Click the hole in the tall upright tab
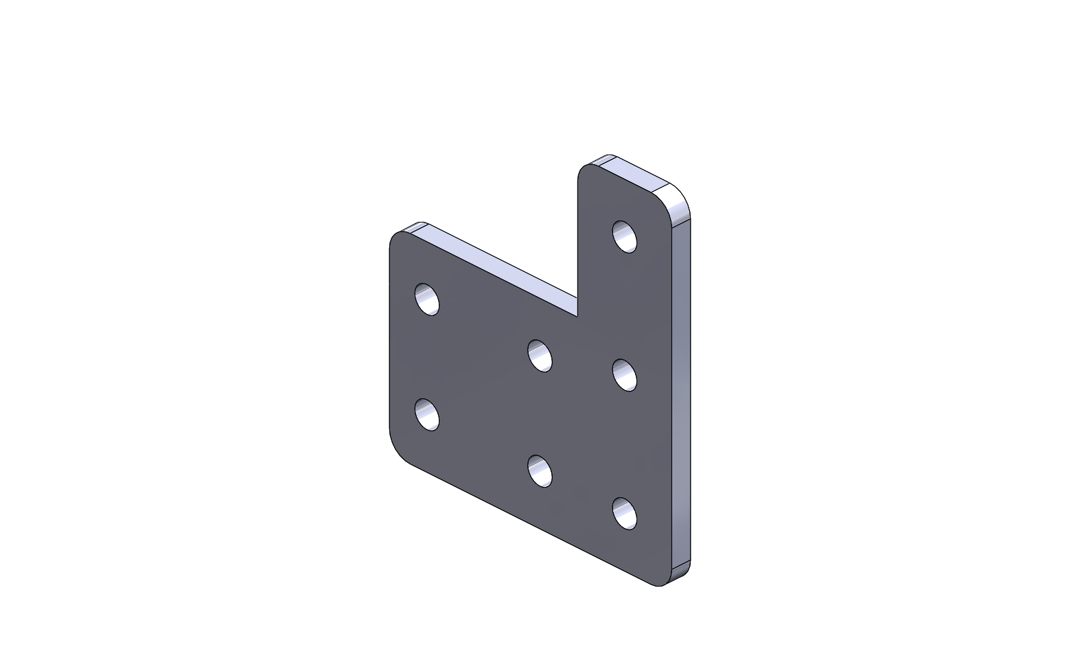click(x=624, y=236)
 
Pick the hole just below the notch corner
click(x=540, y=355)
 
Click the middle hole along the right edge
click(x=624, y=374)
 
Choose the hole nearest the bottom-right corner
click(x=624, y=513)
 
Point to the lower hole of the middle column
click(x=540, y=470)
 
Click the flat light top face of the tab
click(x=635, y=174)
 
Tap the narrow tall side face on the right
click(x=680, y=391)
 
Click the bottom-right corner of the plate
click(x=663, y=583)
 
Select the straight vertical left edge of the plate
click(x=390, y=343)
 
